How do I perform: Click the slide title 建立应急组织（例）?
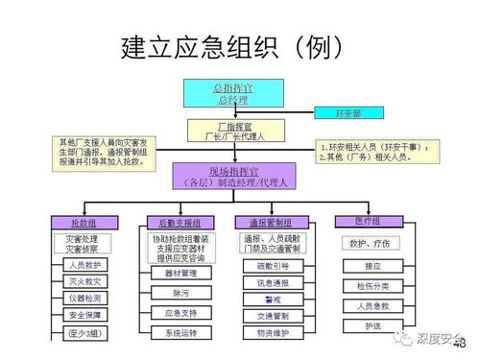click(x=235, y=46)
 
